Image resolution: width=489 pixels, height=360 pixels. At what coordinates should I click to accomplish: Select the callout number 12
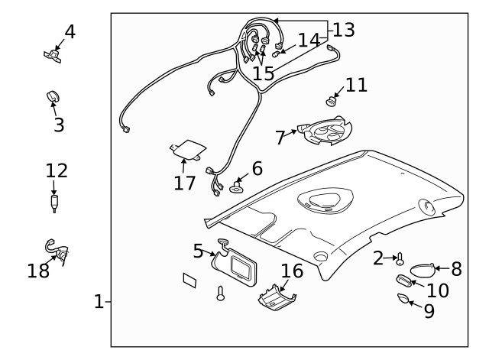point(57,170)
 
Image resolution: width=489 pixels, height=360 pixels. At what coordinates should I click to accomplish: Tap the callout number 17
point(185,183)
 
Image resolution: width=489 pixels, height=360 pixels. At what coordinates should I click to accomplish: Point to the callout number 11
point(356,85)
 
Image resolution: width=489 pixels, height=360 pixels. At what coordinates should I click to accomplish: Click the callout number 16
point(292,271)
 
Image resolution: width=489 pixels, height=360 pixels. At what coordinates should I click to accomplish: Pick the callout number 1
point(98,302)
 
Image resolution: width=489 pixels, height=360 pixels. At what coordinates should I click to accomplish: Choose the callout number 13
point(344,30)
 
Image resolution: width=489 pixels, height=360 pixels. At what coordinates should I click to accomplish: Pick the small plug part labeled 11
point(332,100)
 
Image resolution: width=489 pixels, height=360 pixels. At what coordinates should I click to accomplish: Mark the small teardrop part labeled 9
point(403,297)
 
